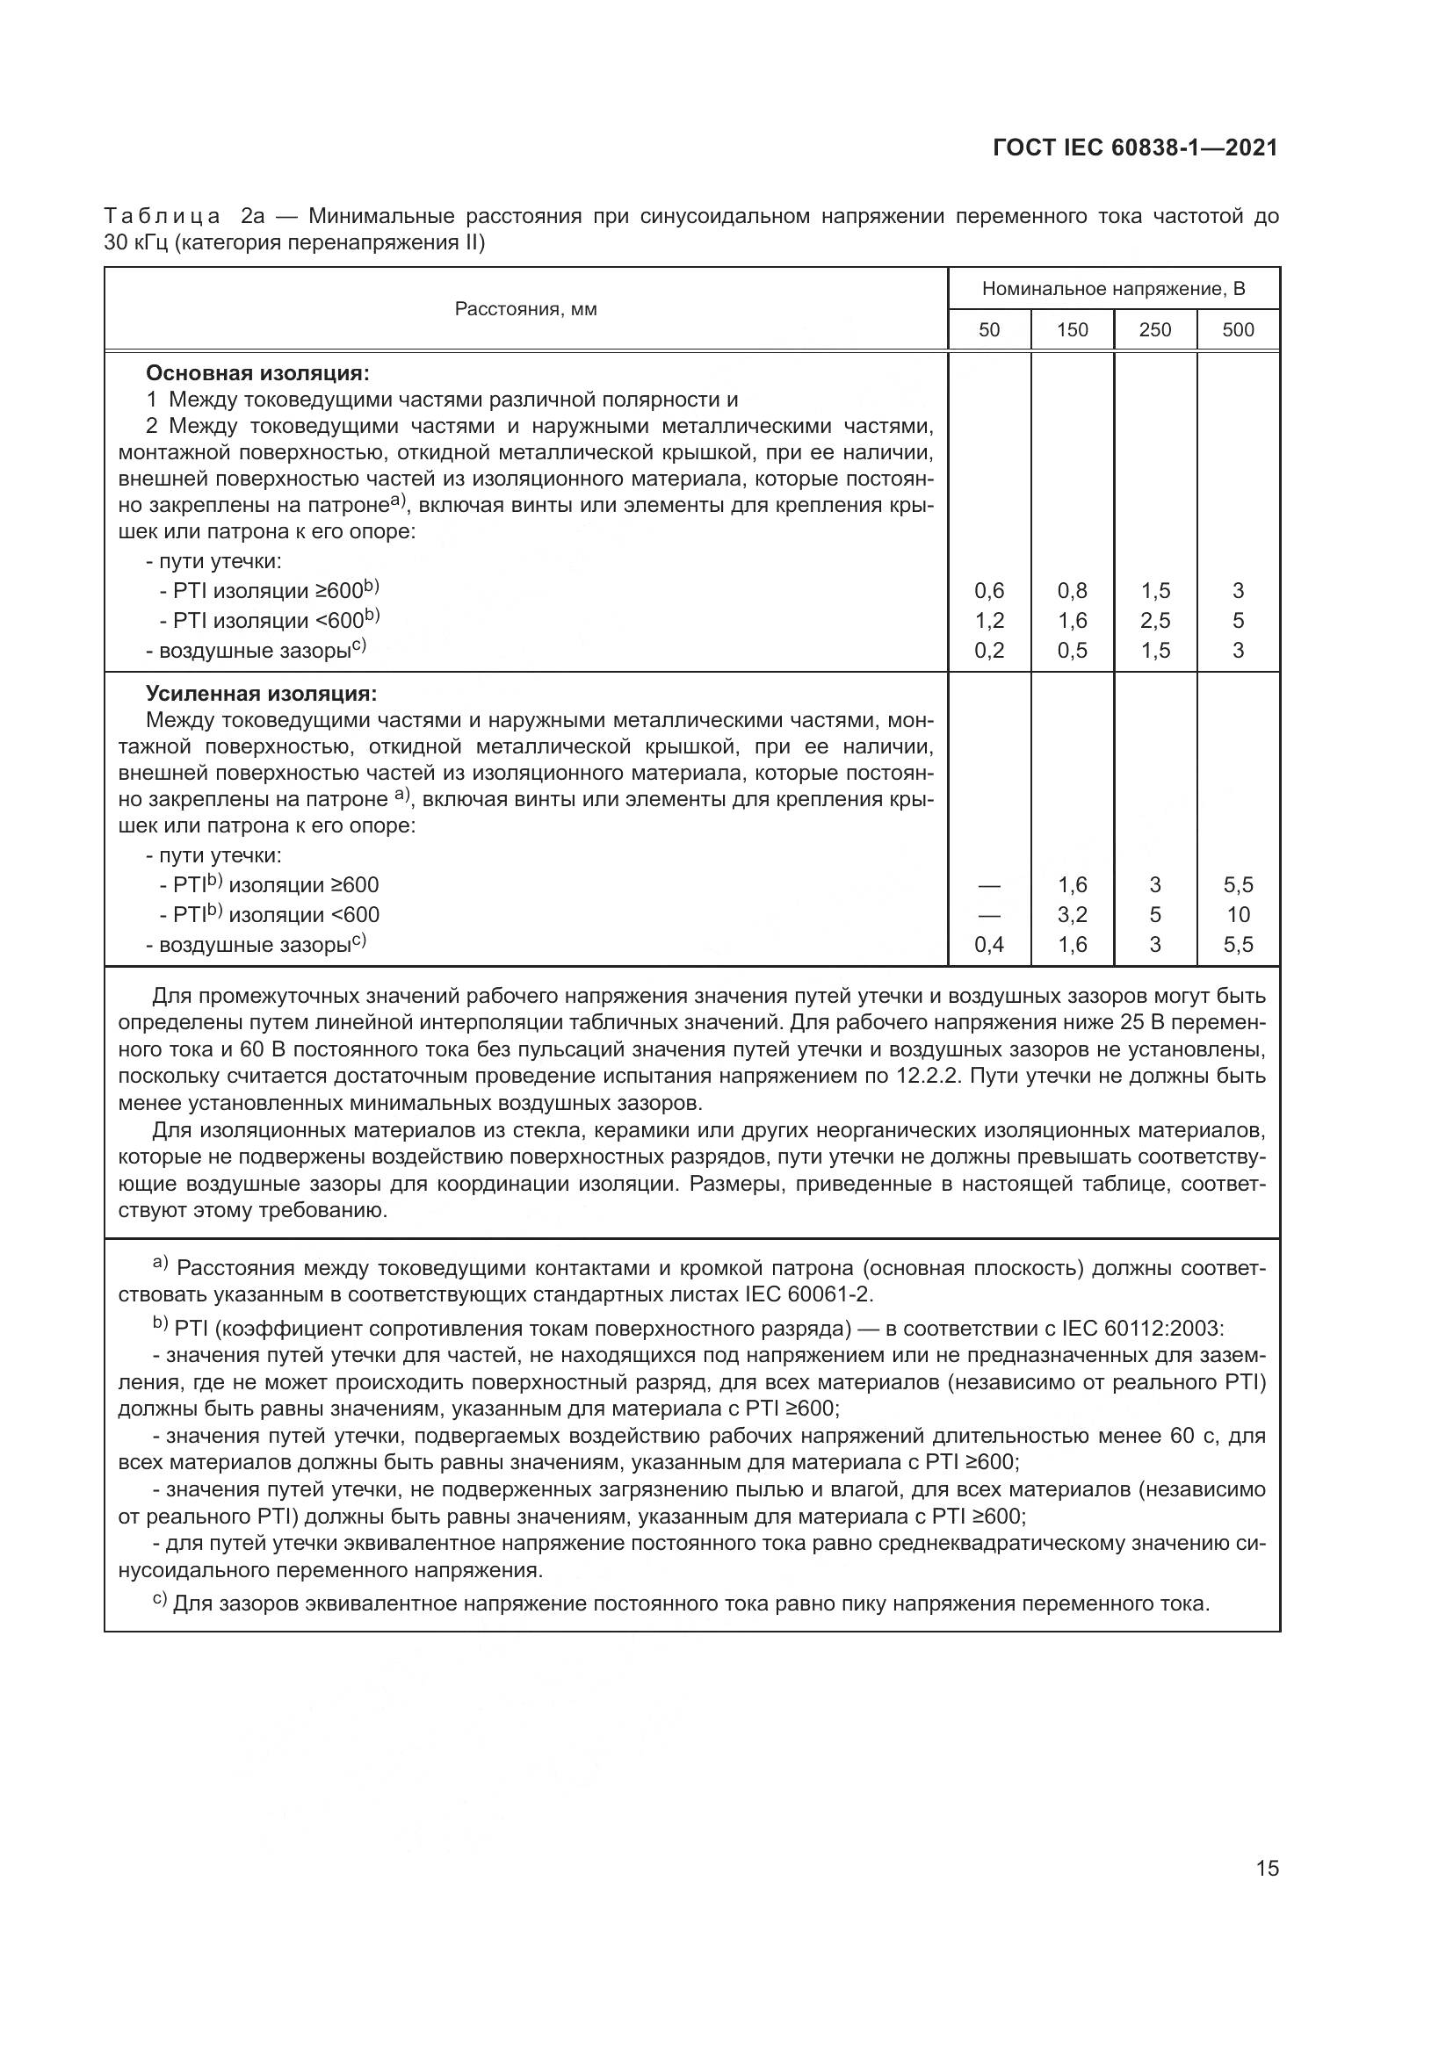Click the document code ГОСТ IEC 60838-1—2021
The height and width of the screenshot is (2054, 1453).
tap(1134, 148)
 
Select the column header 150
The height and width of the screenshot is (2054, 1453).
tap(1072, 330)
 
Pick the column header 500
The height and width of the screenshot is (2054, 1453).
tap(1239, 330)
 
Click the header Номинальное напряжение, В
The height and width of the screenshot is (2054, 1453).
tap(1113, 289)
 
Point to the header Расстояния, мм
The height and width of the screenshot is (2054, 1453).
tap(526, 309)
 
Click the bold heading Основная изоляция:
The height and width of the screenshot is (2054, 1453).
tap(257, 373)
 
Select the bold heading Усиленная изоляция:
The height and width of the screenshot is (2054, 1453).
tap(261, 695)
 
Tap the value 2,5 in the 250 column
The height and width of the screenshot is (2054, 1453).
tap(1155, 621)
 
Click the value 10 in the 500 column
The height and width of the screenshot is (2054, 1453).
tap(1239, 915)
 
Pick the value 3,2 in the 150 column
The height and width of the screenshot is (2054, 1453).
tap(1072, 915)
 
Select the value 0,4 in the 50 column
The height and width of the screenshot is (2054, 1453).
tap(988, 945)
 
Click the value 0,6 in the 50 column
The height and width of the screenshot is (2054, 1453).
tap(988, 591)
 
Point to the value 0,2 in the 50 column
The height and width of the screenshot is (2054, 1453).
tap(988, 651)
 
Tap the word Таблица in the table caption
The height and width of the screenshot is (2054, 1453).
tap(162, 217)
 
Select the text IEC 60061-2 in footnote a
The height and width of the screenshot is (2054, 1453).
tap(806, 1294)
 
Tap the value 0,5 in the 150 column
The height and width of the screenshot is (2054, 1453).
tap(1072, 651)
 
